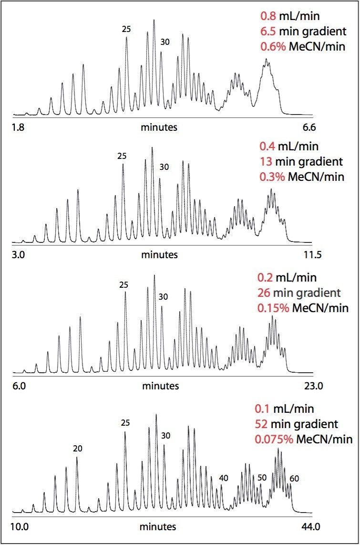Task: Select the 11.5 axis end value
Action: [312, 255]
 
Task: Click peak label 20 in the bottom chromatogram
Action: [78, 448]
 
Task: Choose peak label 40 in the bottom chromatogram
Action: [224, 478]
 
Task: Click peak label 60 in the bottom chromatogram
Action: [294, 478]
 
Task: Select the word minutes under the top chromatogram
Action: [158, 127]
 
